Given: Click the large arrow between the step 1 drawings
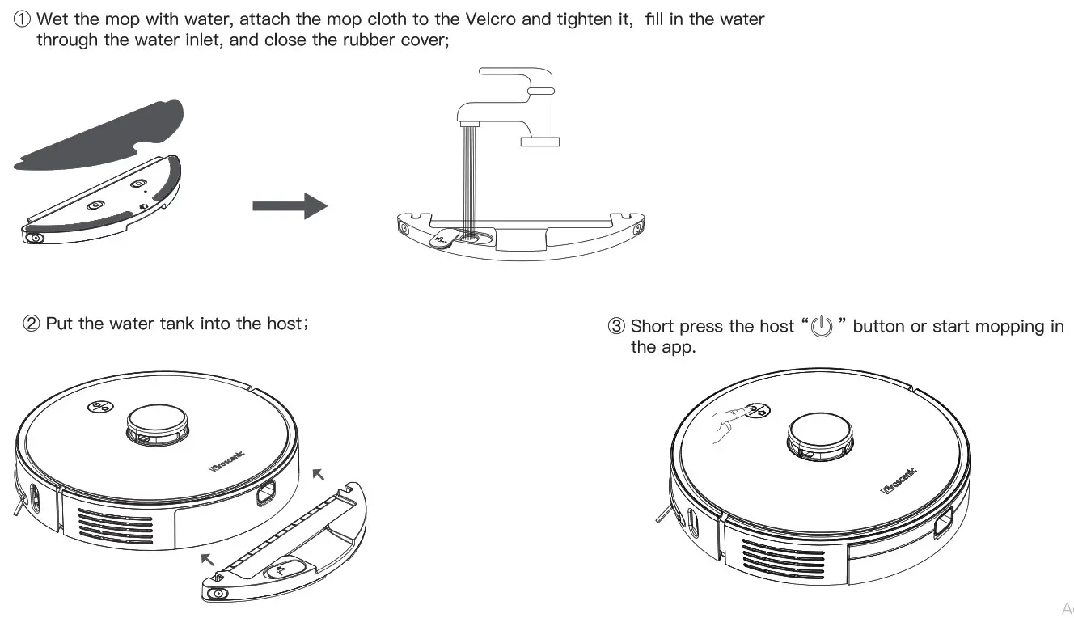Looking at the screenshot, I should click(x=290, y=206).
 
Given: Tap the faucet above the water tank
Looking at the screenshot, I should click(x=505, y=105).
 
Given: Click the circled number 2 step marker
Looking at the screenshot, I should click(x=32, y=324).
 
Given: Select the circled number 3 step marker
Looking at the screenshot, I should click(x=616, y=327).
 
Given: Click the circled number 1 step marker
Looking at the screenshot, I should click(x=23, y=19).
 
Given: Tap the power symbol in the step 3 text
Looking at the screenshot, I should click(x=821, y=328).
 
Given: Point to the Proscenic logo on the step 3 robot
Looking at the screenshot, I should click(x=898, y=481).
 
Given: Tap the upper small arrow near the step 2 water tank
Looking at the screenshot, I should click(x=321, y=473).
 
